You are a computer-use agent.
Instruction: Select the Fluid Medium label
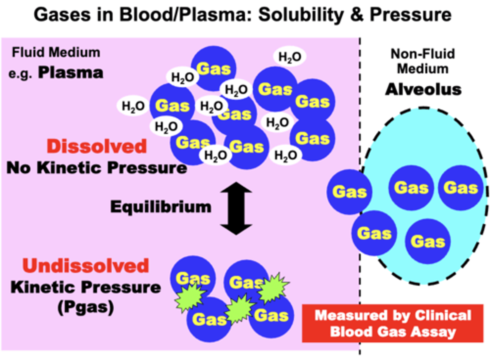(x=56, y=53)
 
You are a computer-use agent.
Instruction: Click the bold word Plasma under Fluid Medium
(x=70, y=73)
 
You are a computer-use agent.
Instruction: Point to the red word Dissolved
(x=97, y=147)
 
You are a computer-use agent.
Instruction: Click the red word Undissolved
(x=86, y=266)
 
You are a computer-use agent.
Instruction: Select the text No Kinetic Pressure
(x=97, y=168)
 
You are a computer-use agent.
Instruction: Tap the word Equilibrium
(x=161, y=207)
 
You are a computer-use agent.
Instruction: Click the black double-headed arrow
(x=236, y=208)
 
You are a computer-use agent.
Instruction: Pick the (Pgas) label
(x=85, y=308)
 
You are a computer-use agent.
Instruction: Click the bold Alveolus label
(x=423, y=89)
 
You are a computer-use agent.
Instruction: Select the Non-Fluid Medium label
(x=423, y=61)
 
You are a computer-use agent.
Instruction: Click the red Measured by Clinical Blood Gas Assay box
(x=393, y=323)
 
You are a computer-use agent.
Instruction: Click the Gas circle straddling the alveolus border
(x=349, y=192)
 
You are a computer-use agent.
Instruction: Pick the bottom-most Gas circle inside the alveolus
(x=427, y=242)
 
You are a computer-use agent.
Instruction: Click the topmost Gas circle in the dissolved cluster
(x=214, y=69)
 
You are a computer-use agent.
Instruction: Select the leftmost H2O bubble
(x=133, y=106)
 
